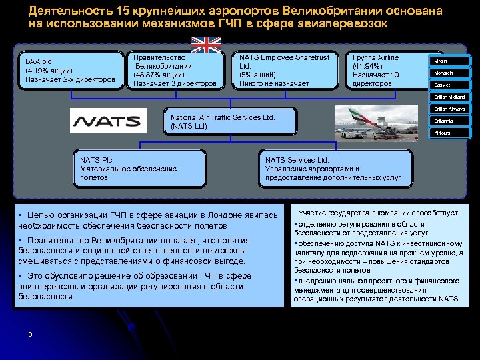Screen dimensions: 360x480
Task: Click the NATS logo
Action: [x=109, y=121]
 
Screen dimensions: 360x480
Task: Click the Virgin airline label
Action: [x=450, y=61]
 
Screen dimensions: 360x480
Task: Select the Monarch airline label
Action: [x=450, y=73]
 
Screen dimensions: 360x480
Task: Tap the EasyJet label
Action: [x=450, y=85]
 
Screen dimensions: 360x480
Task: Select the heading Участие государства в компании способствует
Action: [x=379, y=213]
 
